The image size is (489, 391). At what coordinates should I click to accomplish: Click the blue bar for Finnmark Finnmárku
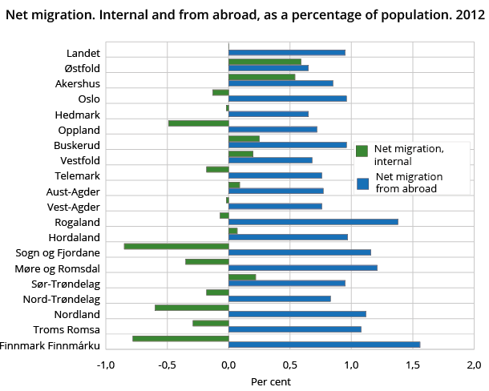coord(324,345)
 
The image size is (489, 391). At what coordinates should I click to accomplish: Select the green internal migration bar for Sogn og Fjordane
coord(176,246)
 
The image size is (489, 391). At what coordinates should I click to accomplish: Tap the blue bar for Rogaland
coord(313,222)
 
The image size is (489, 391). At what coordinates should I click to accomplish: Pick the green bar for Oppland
coord(198,123)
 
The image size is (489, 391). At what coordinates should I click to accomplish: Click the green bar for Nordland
coord(192,308)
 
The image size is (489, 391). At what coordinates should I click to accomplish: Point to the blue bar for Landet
coord(286,53)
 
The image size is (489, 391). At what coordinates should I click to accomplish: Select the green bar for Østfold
coord(265,61)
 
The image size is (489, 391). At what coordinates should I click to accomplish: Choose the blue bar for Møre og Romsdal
coord(302,268)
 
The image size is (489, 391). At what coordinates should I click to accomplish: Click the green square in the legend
coord(362,151)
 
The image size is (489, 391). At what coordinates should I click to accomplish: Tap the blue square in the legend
coord(362,183)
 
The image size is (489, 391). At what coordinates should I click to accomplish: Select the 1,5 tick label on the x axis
coord(412,366)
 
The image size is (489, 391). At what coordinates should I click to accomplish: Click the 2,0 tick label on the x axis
coord(474,366)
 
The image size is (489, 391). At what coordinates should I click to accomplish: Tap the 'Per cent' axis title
coord(271,381)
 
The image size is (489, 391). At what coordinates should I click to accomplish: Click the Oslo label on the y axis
coord(88,99)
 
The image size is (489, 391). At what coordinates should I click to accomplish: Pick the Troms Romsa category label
coord(67,329)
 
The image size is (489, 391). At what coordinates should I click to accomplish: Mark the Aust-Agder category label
coord(73,191)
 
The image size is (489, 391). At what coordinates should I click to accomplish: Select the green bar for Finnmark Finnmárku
coord(180,338)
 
